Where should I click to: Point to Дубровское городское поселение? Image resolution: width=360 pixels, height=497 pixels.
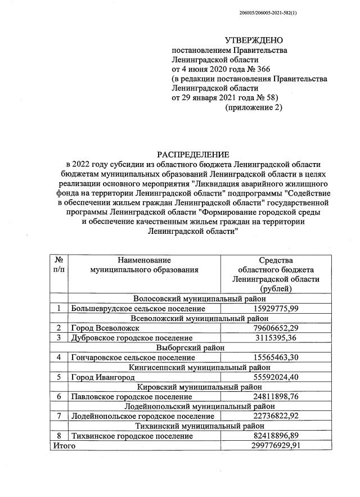(132, 337)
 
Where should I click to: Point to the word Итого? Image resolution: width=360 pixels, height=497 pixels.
(64, 445)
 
